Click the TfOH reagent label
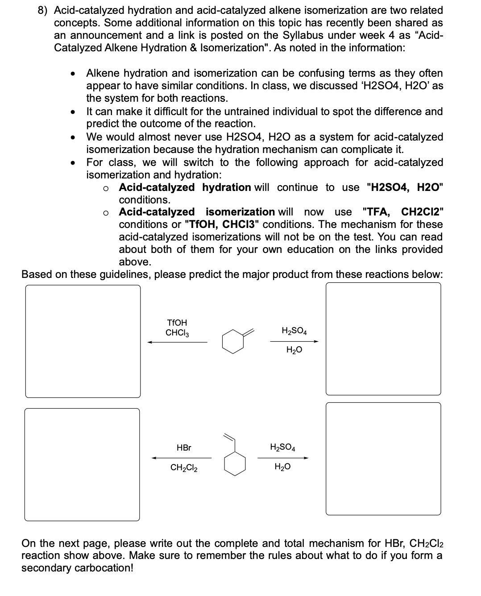coord(177,323)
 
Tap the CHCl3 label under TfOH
coord(177,333)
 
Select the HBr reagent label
coord(184,447)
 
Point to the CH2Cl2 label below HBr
coord(184,468)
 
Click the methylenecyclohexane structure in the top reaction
coord(237,340)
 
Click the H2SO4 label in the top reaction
coord(294,331)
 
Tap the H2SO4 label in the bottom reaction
coord(282,447)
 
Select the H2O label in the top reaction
coord(294,350)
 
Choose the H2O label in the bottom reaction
coord(282,467)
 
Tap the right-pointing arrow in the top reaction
coord(294,342)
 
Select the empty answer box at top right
coord(383,339)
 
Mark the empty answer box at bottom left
coord(82,464)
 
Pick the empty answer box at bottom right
coord(383,459)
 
